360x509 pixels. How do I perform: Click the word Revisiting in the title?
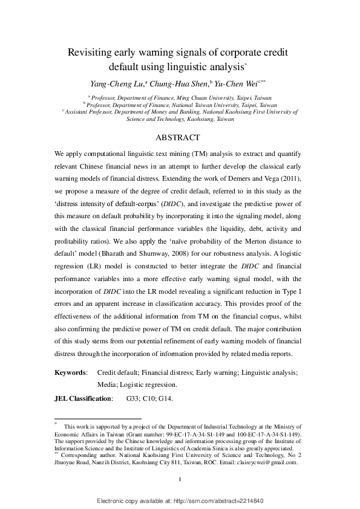click(91, 53)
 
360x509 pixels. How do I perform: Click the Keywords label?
click(71, 373)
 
